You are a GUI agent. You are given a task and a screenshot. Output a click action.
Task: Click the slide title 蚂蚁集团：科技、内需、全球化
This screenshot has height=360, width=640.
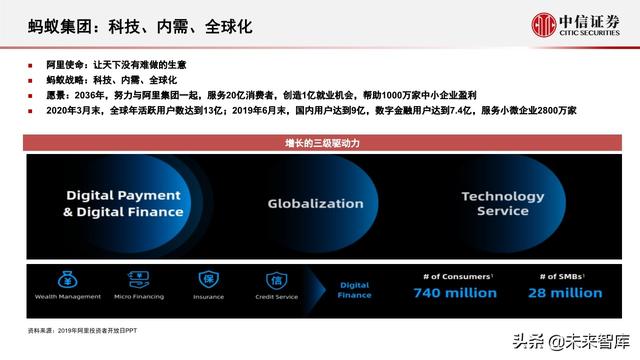pyautogui.click(x=139, y=26)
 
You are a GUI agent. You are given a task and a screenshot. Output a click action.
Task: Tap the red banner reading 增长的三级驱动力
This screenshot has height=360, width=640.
pyautogui.click(x=320, y=145)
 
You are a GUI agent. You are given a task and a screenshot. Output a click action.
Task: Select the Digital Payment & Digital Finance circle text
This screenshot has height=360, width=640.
pyautogui.click(x=122, y=203)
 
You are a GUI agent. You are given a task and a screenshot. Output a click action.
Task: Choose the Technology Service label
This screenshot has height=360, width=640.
pyautogui.click(x=502, y=203)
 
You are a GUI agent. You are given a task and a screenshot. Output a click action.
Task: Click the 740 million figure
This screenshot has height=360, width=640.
pyautogui.click(x=456, y=293)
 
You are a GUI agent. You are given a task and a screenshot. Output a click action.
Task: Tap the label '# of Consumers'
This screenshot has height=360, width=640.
pyautogui.click(x=455, y=274)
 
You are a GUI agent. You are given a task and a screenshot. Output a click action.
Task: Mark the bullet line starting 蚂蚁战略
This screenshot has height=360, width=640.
pyautogui.click(x=100, y=79)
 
